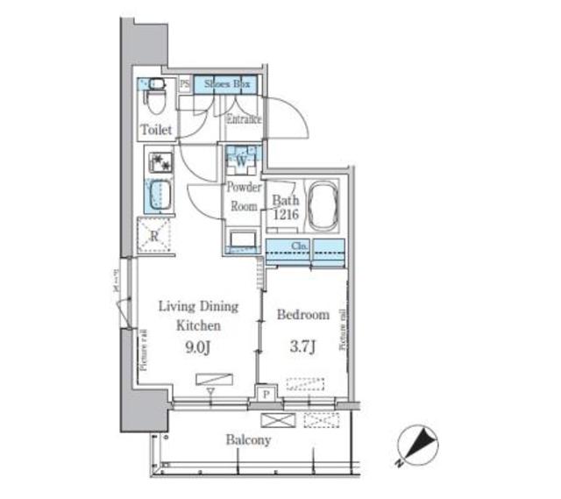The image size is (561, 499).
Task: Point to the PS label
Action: [185, 84]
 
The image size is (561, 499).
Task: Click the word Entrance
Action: [245, 119]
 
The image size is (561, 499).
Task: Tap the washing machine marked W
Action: [239, 160]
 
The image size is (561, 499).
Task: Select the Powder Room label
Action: [243, 197]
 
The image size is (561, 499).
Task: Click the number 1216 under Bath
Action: [285, 213]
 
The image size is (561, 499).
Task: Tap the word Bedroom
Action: [302, 315]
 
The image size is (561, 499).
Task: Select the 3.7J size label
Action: [302, 346]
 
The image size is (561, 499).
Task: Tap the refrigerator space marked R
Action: [154, 234]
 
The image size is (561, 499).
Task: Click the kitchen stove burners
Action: [160, 163]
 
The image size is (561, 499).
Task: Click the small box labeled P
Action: [265, 396]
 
